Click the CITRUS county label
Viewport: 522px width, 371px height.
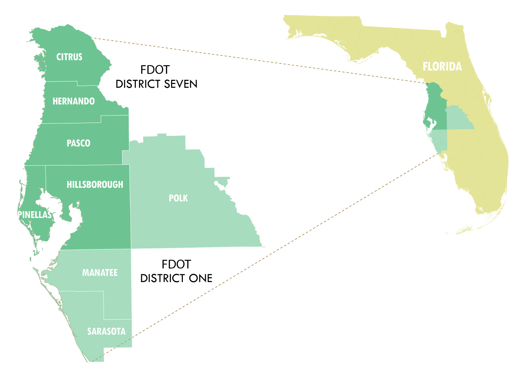point(69,57)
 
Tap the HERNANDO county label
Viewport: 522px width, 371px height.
point(74,101)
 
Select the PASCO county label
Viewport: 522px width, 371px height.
point(79,143)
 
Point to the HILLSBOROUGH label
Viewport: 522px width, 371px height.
point(95,185)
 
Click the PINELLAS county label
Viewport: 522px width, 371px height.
point(35,215)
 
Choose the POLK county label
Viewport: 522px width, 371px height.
point(178,198)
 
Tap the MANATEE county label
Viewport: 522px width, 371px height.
point(100,272)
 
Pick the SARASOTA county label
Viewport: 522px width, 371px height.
point(106,331)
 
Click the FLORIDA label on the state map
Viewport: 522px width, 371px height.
point(442,67)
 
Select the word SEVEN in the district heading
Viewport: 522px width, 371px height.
point(181,84)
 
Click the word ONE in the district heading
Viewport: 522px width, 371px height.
point(201,279)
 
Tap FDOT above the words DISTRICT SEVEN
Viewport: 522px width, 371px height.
point(155,70)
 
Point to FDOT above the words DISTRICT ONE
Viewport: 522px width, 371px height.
point(176,264)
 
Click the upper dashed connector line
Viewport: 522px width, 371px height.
point(258,61)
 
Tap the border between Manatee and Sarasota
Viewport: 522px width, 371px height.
point(81,291)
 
